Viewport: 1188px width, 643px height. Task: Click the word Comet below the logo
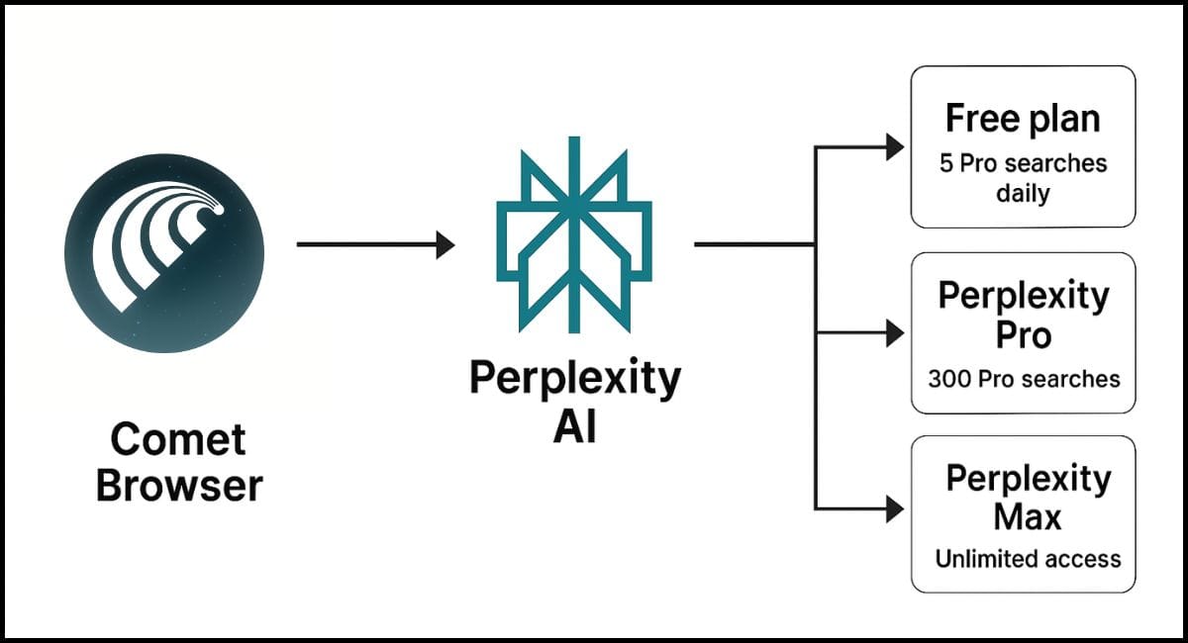coord(178,439)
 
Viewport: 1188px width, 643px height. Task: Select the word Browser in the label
coord(179,486)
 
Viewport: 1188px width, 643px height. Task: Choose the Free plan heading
coord(1023,119)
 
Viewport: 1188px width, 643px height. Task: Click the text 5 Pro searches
coord(1023,162)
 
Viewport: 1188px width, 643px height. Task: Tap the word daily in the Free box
coord(1023,193)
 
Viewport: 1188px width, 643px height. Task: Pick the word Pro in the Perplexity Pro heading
coord(1024,335)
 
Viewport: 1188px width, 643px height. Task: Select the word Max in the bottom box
coord(1028,517)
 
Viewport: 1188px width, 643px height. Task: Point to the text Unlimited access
coord(1028,559)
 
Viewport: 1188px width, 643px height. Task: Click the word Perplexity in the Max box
coord(1028,479)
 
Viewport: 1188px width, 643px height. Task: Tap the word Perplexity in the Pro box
coord(1024,295)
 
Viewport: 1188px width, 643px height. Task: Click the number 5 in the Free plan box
coord(945,162)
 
